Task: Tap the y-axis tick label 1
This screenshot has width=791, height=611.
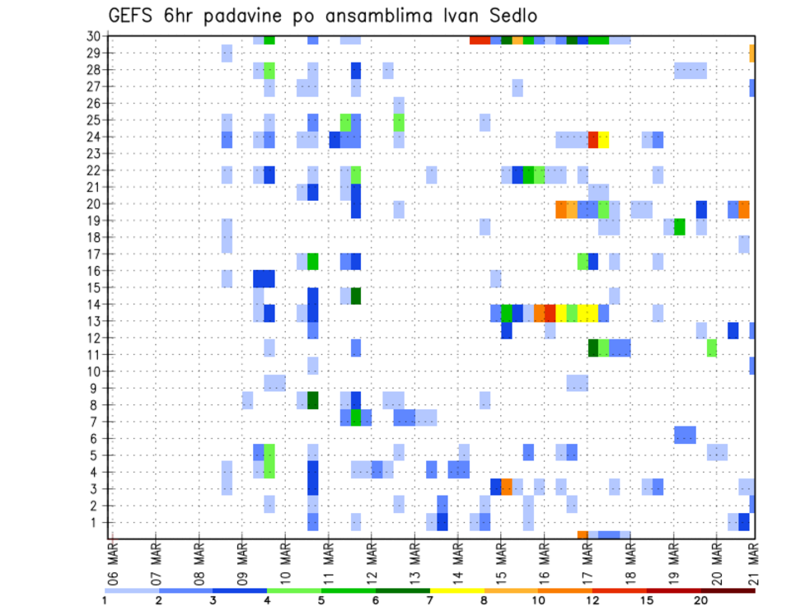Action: click(x=99, y=521)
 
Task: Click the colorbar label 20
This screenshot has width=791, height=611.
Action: click(x=700, y=600)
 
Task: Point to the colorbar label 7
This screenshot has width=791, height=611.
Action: click(x=430, y=600)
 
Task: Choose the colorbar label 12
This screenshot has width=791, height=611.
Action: click(x=592, y=600)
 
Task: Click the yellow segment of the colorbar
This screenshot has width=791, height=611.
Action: click(x=456, y=590)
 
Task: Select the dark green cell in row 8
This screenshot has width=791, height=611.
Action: click(x=313, y=400)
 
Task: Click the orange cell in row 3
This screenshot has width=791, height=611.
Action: click(x=507, y=487)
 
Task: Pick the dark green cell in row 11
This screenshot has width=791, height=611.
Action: click(x=593, y=347)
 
